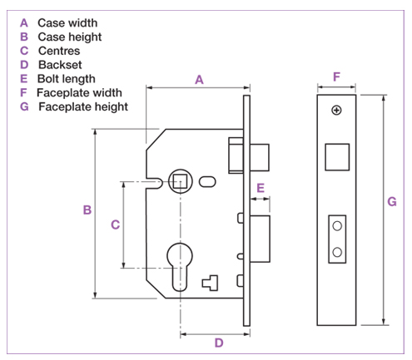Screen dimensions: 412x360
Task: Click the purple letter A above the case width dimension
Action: tap(199, 80)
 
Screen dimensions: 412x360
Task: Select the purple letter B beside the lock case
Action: tap(87, 210)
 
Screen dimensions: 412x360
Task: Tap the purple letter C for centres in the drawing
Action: tap(116, 224)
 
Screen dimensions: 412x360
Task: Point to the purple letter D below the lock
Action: tap(219, 343)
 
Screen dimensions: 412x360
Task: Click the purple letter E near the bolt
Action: tap(261, 188)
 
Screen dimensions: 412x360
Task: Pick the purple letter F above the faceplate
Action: tap(336, 76)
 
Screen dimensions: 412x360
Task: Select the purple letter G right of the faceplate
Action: tap(392, 201)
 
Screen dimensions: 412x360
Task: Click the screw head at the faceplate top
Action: tap(336, 111)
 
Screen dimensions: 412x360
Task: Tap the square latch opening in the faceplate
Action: tap(337, 157)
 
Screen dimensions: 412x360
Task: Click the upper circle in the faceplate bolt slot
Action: tap(337, 226)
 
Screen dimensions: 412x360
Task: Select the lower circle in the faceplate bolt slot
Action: tap(337, 252)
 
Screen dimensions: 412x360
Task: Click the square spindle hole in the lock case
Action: tap(180, 181)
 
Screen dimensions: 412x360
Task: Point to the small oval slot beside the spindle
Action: tap(207, 182)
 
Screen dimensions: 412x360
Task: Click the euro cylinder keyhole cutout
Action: tap(180, 267)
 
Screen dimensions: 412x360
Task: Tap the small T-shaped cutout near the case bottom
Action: tap(210, 283)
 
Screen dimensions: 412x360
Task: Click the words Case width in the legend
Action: tap(67, 23)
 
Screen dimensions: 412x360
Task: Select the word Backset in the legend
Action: tap(60, 65)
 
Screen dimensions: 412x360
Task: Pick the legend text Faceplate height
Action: tap(83, 107)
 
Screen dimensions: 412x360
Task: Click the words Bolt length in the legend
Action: tap(67, 79)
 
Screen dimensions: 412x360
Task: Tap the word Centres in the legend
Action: tap(59, 51)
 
